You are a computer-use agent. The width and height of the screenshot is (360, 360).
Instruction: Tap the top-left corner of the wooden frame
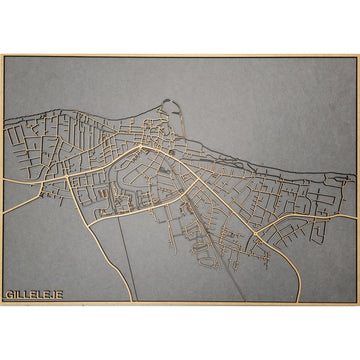2,56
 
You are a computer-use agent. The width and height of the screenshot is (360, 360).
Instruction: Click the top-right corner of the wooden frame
357,56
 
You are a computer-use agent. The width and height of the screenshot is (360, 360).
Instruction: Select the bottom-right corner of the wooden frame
357,303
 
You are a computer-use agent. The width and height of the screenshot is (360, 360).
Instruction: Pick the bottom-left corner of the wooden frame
2,303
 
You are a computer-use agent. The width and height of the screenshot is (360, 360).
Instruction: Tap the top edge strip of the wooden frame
180,56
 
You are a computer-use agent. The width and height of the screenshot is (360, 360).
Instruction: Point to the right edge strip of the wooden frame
357,180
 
